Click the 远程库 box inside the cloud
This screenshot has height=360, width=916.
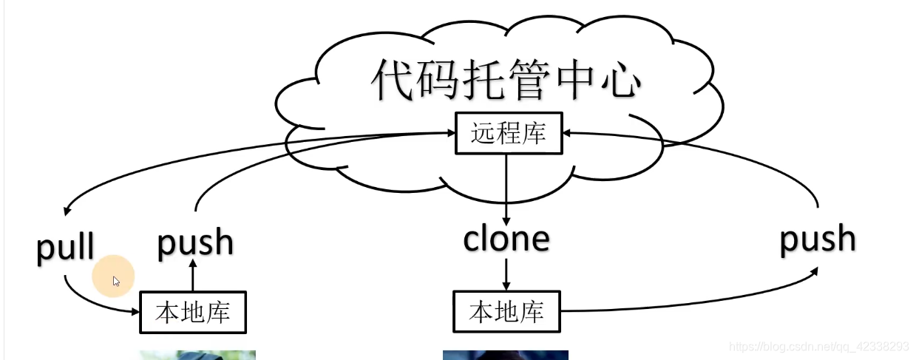click(x=508, y=133)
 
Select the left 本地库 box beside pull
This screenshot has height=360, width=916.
click(x=192, y=312)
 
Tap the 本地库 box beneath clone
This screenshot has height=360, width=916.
click(x=506, y=312)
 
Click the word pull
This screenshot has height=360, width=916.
click(x=66, y=246)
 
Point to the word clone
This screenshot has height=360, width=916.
click(x=506, y=238)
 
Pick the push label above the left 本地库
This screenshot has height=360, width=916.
click(x=195, y=242)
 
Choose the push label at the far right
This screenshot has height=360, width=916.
click(x=818, y=239)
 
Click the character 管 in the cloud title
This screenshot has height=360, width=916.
click(x=527, y=79)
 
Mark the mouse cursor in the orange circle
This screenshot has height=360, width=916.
click(x=116, y=281)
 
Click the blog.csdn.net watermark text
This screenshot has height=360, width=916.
click(x=818, y=347)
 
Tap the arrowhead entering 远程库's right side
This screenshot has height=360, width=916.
click(x=569, y=133)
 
